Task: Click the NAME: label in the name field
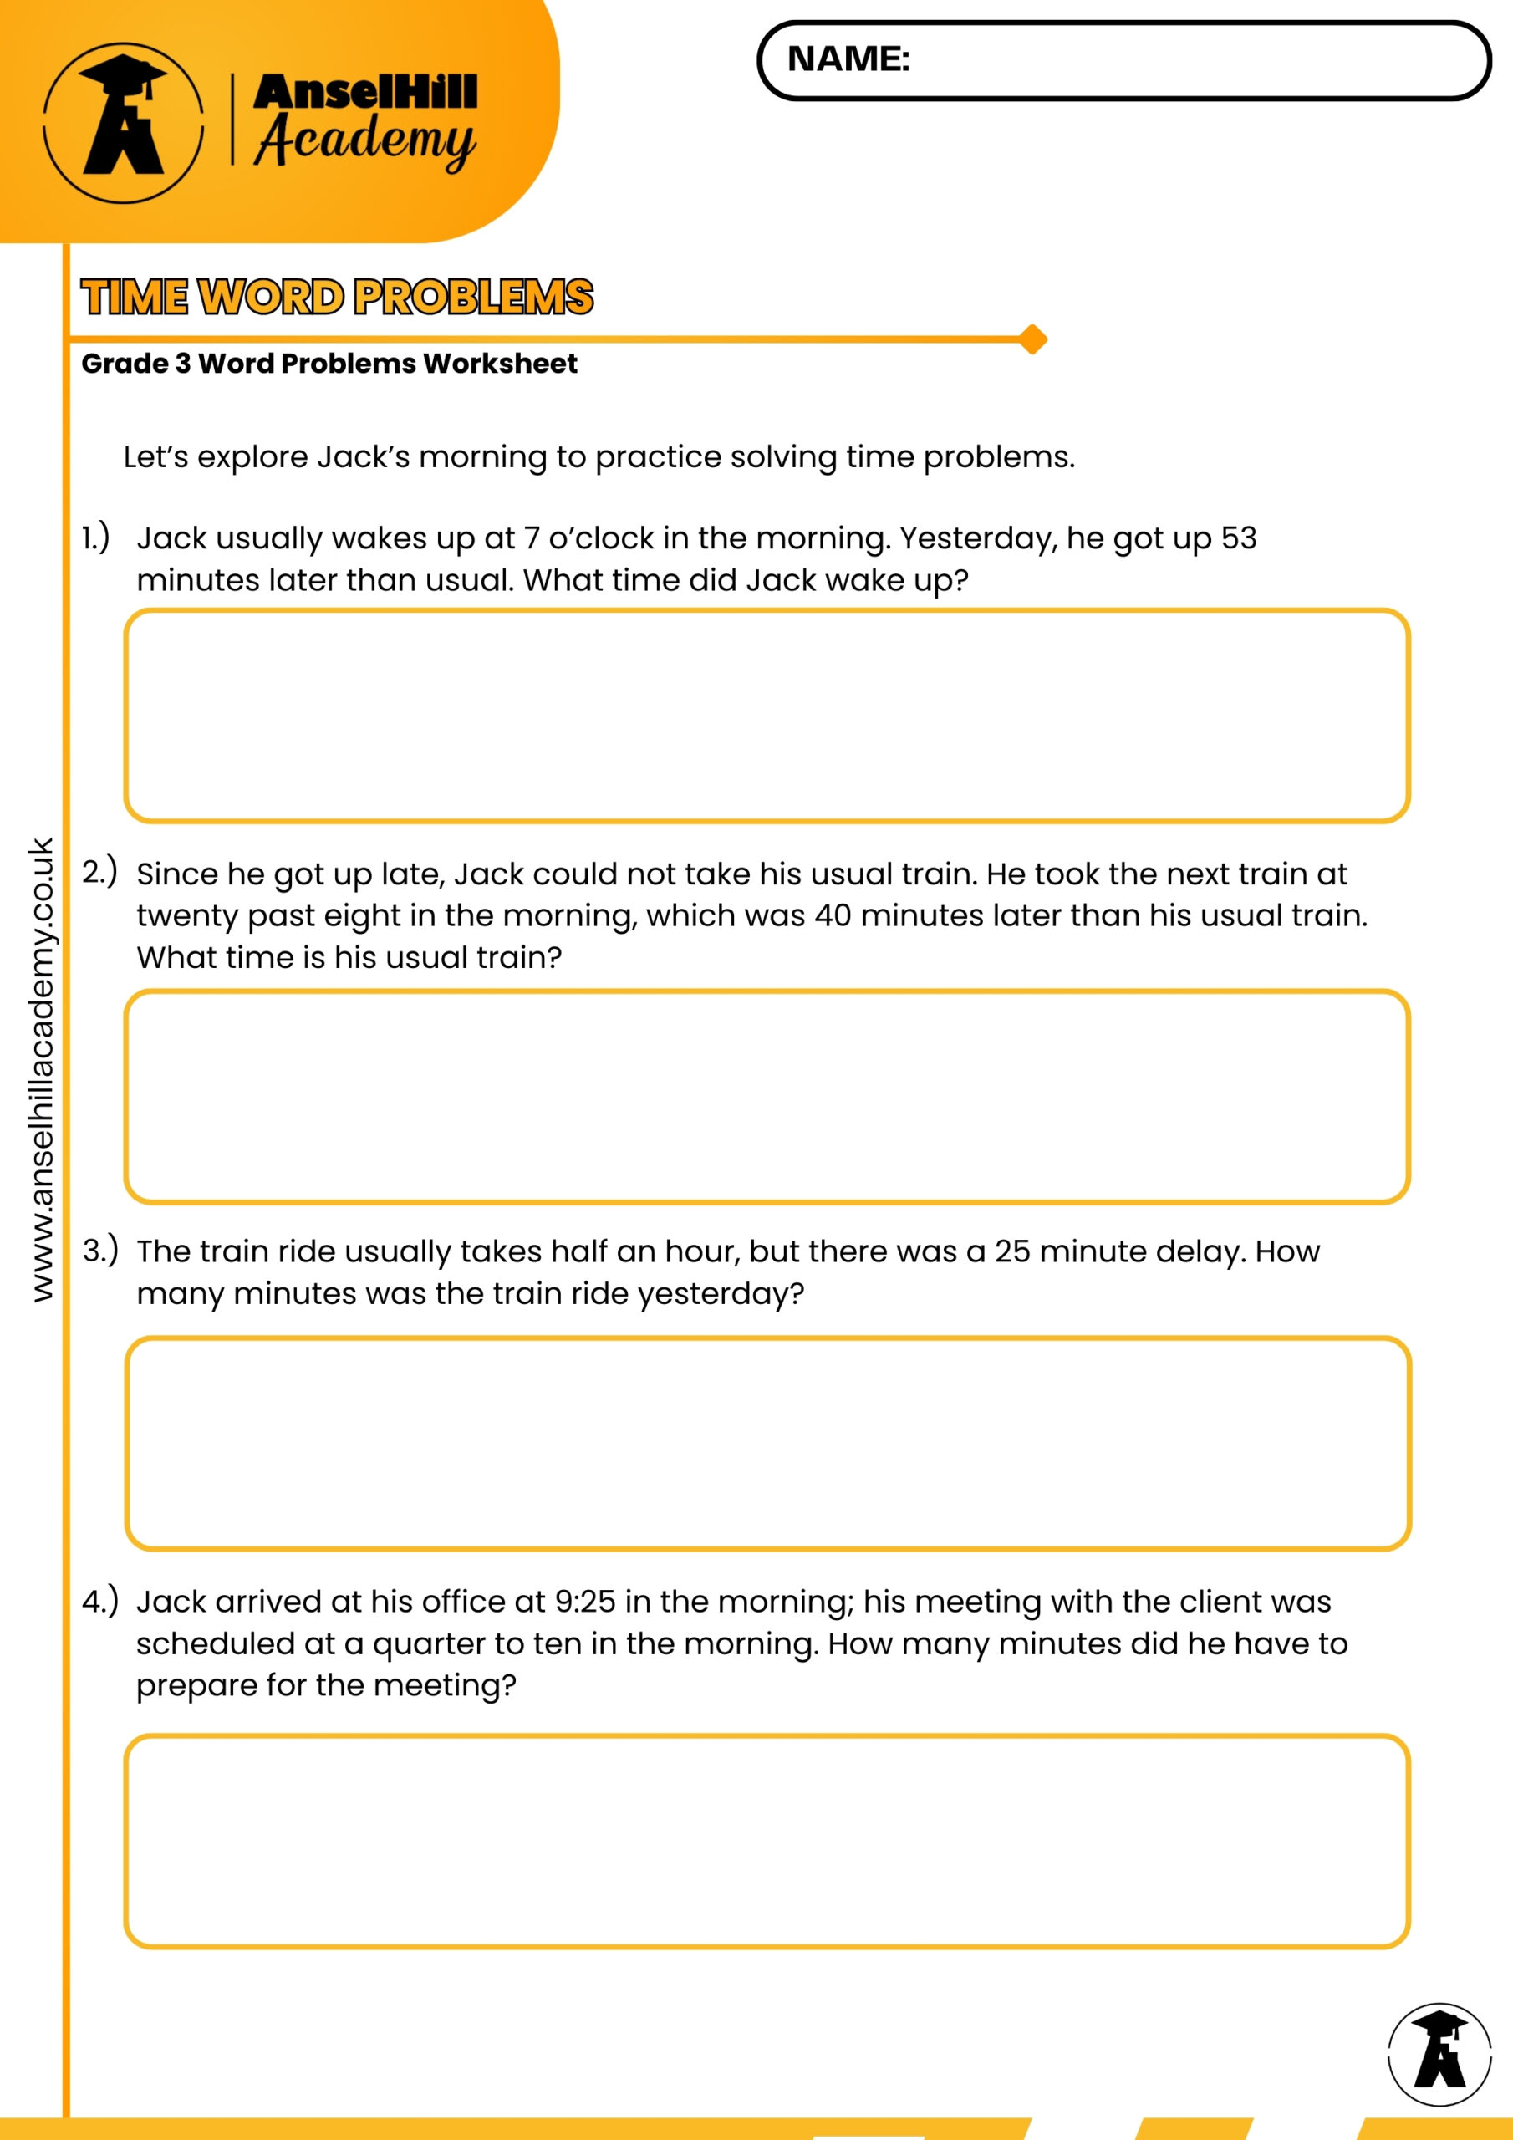(x=848, y=59)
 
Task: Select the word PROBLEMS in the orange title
(x=474, y=298)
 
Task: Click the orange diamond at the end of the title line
(x=1032, y=339)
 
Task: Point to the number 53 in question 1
(x=1238, y=538)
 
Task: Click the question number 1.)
(x=95, y=538)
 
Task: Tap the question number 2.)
(x=99, y=872)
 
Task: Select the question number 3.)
(x=99, y=1250)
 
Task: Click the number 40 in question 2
(x=833, y=915)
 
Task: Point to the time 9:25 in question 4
(x=584, y=1602)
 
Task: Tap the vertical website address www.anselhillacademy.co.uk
(x=42, y=1069)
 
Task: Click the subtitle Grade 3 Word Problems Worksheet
(x=329, y=364)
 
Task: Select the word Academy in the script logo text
(x=365, y=140)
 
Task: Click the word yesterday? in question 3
(x=721, y=1294)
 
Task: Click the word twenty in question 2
(x=186, y=915)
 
